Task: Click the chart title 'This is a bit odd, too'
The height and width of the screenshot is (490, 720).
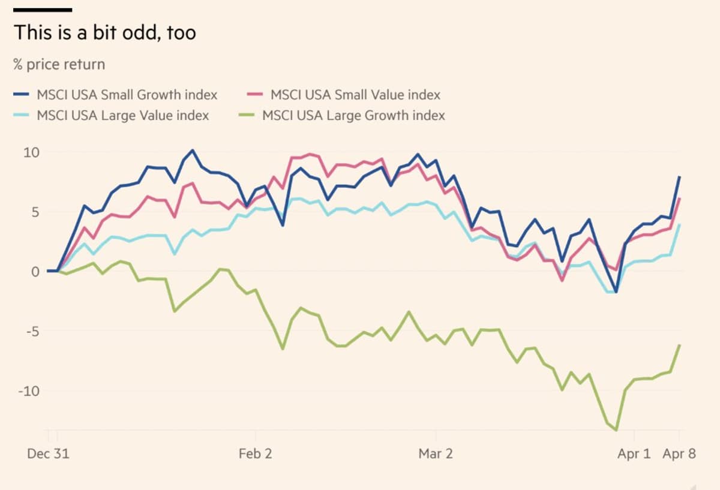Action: pos(105,32)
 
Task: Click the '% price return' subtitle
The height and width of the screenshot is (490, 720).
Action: pos(59,64)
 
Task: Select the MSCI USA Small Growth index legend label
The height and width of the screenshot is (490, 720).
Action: pos(127,95)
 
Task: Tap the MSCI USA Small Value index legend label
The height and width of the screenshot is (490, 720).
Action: pos(355,95)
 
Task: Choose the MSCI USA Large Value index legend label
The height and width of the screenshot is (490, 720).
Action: pos(122,115)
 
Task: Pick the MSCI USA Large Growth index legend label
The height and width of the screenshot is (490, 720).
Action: pos(353,115)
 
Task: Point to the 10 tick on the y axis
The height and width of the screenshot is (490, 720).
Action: pos(31,152)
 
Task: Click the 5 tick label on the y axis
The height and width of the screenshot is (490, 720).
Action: pos(35,212)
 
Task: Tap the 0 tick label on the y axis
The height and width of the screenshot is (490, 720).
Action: pos(35,272)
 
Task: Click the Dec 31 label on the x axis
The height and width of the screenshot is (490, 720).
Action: pos(48,454)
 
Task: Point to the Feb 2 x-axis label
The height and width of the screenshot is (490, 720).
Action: pos(255,454)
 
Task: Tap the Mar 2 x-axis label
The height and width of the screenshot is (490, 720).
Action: pos(436,454)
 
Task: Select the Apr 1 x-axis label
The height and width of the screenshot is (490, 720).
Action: pos(634,454)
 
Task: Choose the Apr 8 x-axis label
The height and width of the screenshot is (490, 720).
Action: pos(679,454)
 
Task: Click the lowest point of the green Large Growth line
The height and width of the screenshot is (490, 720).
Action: pos(616,430)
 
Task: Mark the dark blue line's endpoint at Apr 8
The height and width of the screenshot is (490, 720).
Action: pos(679,177)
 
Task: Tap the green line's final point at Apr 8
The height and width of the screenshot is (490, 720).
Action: pos(679,345)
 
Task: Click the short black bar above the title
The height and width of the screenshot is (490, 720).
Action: pos(43,10)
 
